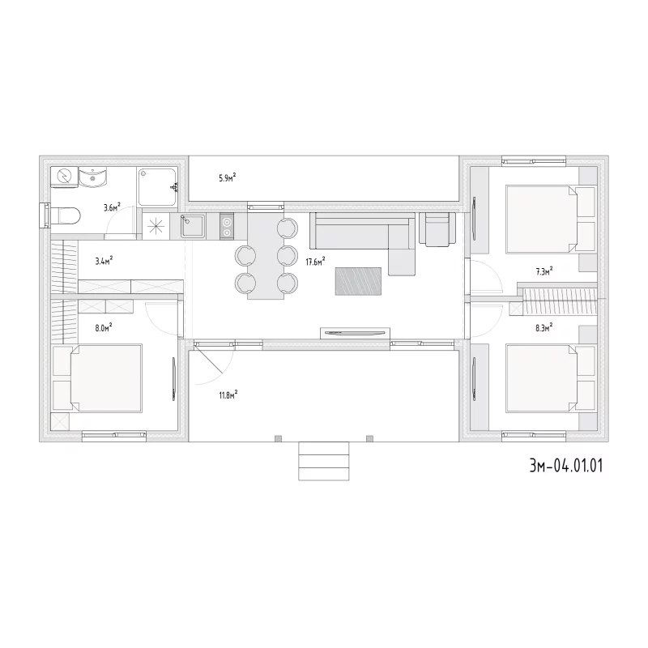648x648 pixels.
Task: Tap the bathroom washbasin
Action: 93,177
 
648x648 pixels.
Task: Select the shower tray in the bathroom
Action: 157,186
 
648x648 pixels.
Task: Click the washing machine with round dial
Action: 64,177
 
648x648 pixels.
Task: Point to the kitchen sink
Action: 193,226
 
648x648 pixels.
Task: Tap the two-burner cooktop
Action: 227,227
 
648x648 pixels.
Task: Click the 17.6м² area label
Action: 315,261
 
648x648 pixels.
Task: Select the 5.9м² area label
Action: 228,178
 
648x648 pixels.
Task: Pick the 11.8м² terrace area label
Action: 228,394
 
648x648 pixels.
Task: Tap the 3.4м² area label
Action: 104,261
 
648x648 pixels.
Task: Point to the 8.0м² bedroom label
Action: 104,328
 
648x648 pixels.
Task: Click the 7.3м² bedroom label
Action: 544,271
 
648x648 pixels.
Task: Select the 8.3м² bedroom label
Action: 544,328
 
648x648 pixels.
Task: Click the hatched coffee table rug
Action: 358,281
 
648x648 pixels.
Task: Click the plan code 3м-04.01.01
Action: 566,466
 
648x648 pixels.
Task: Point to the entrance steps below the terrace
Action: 323,461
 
